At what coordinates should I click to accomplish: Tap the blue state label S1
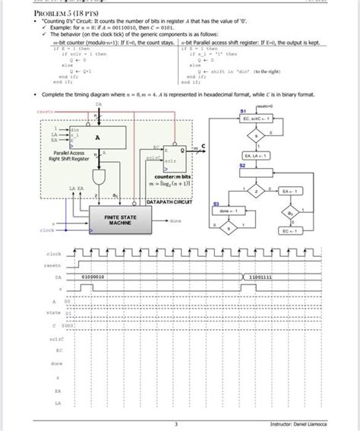click(x=242, y=110)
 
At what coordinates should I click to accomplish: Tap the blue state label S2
click(x=242, y=164)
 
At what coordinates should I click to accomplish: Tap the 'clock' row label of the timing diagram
click(x=54, y=253)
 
